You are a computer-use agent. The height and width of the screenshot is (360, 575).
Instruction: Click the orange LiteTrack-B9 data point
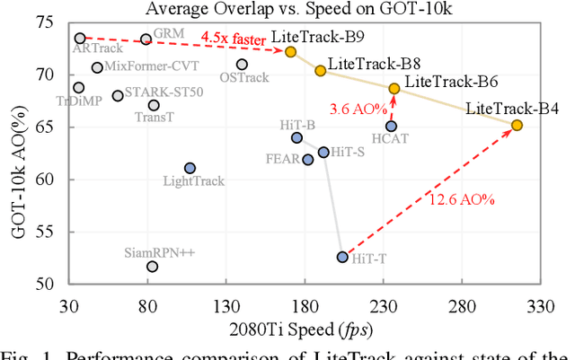point(290,51)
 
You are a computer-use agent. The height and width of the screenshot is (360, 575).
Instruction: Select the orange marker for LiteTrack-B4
point(517,125)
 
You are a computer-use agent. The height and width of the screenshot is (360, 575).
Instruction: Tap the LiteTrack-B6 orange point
point(394,88)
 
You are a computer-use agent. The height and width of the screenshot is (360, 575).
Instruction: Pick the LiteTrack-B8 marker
point(320,70)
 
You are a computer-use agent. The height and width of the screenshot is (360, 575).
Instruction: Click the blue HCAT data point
point(391,126)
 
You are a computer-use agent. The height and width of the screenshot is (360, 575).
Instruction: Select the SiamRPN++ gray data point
point(152,266)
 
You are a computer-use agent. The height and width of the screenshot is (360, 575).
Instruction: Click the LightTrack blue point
point(190,168)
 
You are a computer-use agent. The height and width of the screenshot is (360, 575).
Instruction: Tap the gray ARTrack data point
point(80,39)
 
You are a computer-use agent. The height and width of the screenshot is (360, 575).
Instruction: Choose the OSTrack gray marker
point(242,64)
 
